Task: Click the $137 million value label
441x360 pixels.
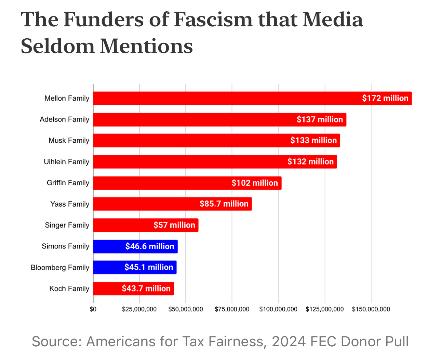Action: coord(320,119)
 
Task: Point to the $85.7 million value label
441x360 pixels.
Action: coord(224,204)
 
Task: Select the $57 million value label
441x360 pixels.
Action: coord(174,225)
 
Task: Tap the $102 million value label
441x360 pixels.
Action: coord(255,183)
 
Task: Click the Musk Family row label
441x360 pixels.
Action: coord(69,141)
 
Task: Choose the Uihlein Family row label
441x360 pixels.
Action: coord(66,162)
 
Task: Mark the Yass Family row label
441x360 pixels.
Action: coord(70,204)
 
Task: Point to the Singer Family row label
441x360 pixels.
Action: coord(67,226)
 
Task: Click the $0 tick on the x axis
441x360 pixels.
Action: coord(93,309)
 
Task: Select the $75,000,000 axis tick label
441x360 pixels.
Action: coord(232,309)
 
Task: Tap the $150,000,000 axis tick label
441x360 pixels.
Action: coord(371,309)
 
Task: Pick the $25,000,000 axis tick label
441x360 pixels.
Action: coord(139,309)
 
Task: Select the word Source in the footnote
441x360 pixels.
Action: coord(54,342)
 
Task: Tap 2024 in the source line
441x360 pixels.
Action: coord(289,342)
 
